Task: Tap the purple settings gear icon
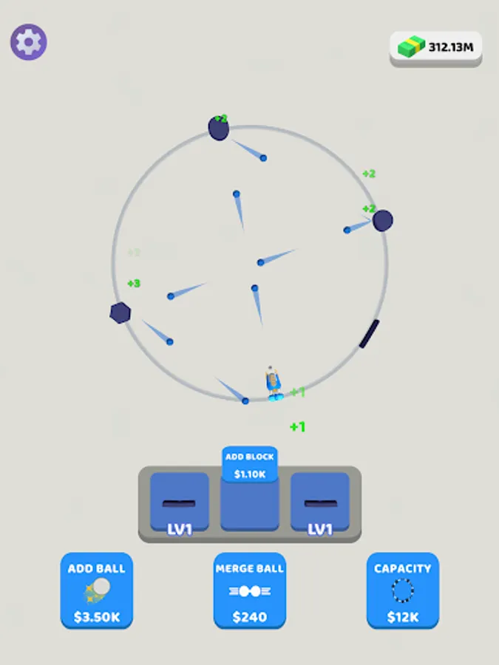(x=29, y=42)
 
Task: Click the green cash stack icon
(x=412, y=47)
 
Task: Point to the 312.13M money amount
(x=450, y=47)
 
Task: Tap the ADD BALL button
(x=97, y=590)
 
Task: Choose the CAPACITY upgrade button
(x=402, y=590)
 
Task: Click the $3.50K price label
(x=97, y=617)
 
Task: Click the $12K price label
(x=402, y=617)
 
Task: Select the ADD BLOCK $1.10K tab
(x=250, y=465)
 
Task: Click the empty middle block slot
(x=250, y=507)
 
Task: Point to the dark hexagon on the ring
(x=120, y=313)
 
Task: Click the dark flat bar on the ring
(x=370, y=334)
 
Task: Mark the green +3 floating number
(x=134, y=284)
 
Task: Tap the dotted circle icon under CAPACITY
(x=402, y=591)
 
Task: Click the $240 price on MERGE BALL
(x=250, y=617)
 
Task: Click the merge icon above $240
(x=250, y=591)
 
